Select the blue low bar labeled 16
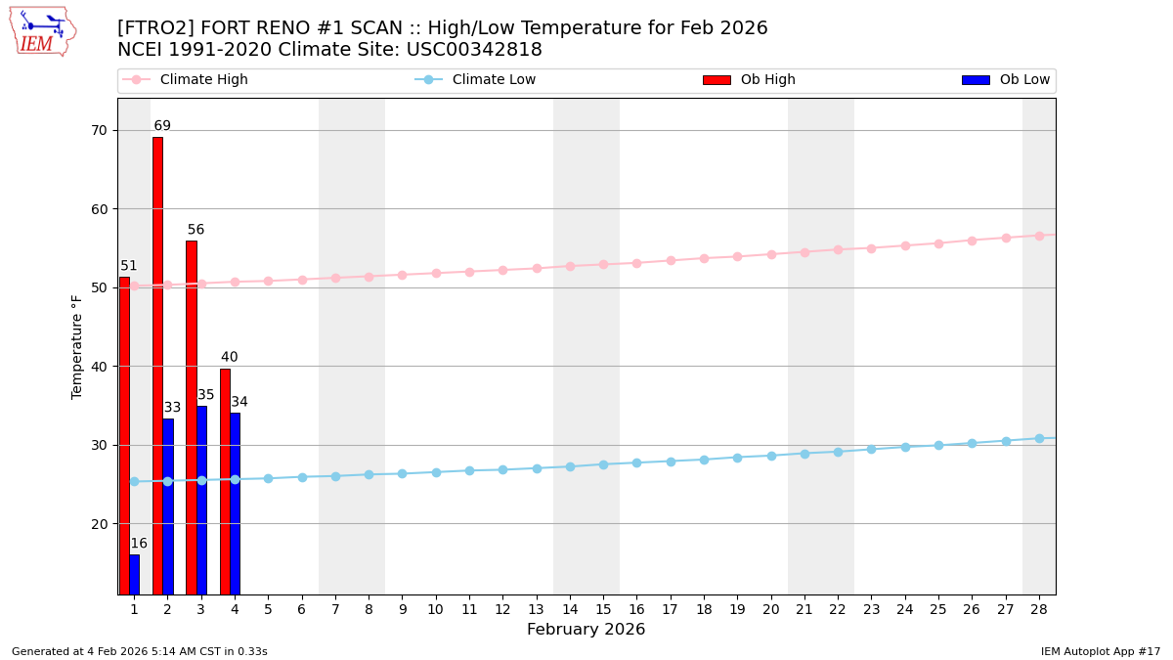pyautogui.click(x=134, y=574)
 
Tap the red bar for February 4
pyautogui.click(x=225, y=481)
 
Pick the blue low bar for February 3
pyautogui.click(x=201, y=500)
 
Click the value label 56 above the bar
pyautogui.click(x=195, y=230)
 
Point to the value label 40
pyautogui.click(x=229, y=357)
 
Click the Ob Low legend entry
pyautogui.click(x=1006, y=80)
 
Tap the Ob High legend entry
pyautogui.click(x=750, y=80)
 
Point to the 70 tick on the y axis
pyautogui.click(x=99, y=130)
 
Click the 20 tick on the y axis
pyautogui.click(x=99, y=524)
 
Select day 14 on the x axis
pyautogui.click(x=570, y=609)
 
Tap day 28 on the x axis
pyautogui.click(x=1039, y=609)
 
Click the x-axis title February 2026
pyautogui.click(x=586, y=630)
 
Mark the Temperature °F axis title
pyautogui.click(x=77, y=346)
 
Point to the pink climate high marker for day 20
pyautogui.click(x=771, y=254)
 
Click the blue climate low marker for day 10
pyautogui.click(x=436, y=472)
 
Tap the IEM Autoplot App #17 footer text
pyautogui.click(x=1100, y=651)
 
